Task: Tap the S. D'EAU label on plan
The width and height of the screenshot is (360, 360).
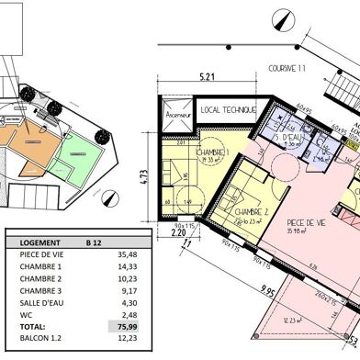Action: click(x=290, y=138)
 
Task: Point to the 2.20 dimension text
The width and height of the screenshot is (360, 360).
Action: click(x=177, y=232)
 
